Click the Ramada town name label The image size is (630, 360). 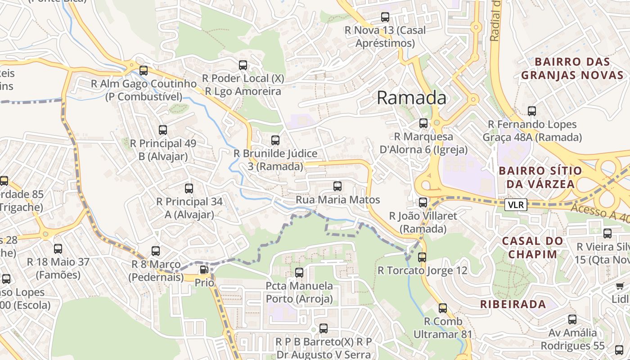coord(411,98)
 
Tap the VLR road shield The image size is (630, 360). coord(515,205)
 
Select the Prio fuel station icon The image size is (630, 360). coord(204,270)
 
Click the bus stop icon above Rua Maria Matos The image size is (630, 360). coord(337,186)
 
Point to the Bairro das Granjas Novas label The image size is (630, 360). coord(572,68)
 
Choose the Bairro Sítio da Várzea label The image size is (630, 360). coord(540,177)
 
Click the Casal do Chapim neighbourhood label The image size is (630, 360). coord(532,247)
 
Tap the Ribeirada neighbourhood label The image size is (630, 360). coord(513,304)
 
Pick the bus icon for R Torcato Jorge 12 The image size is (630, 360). coord(422,257)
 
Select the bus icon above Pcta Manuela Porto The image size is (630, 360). coord(299,272)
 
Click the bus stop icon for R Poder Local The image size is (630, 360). coord(243,65)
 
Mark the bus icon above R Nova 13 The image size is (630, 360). coord(385,17)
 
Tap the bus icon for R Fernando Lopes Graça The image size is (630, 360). coord(532,111)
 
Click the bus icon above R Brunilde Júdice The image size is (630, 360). coord(275,140)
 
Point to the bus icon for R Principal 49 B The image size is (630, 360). coord(163,130)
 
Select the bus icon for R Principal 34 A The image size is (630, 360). coord(189,188)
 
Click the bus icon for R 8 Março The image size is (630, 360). coord(156,251)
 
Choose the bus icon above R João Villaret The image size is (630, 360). coord(423,202)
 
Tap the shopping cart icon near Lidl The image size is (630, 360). coord(620,286)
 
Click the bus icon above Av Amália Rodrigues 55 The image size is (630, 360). coord(572,319)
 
